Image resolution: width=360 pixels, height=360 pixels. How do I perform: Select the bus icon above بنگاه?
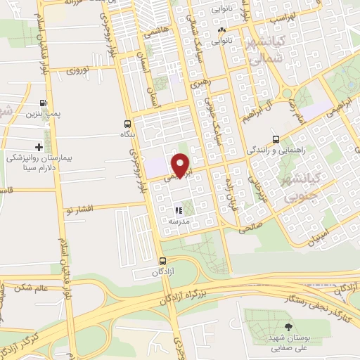point(127,122)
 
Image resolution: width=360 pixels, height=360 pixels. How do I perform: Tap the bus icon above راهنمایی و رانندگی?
point(276,139)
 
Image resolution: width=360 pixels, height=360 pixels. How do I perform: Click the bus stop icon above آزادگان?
point(163,261)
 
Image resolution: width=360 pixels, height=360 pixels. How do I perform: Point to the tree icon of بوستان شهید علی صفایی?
point(288,326)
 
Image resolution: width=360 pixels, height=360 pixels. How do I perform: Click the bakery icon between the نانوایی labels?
point(222,31)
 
